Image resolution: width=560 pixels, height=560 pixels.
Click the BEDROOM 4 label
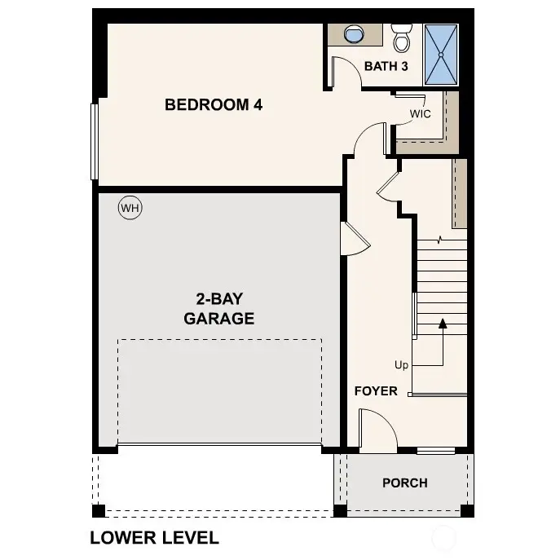(x=214, y=104)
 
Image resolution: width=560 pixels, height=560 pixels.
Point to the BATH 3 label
(x=386, y=66)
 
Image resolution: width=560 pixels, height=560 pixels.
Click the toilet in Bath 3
(x=401, y=37)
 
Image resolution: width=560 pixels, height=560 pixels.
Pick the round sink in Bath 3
(x=355, y=35)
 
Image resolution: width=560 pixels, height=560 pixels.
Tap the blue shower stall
(x=441, y=54)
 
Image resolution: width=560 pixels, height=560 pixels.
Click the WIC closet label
(x=420, y=114)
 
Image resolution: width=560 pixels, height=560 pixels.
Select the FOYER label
(x=376, y=391)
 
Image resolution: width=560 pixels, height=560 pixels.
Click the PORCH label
(x=405, y=483)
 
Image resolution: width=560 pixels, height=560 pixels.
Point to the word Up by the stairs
(x=401, y=365)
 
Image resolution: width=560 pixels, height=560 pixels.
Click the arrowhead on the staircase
(x=443, y=323)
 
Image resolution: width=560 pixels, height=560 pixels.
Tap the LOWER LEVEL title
(x=154, y=538)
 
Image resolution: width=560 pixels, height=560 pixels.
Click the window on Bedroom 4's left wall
(x=95, y=140)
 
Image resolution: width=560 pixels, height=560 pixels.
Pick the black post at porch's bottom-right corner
(x=467, y=511)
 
